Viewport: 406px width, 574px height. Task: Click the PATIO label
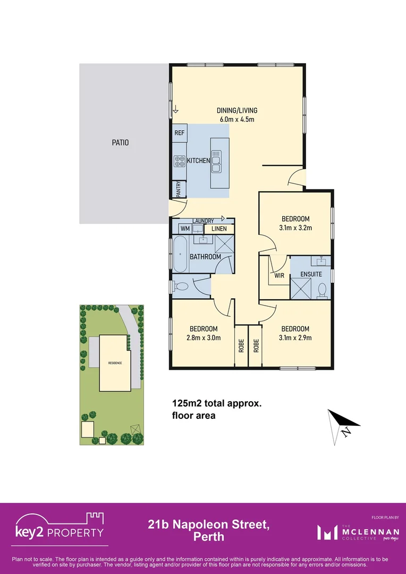coord(120,142)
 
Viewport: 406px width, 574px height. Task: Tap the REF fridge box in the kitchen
coord(179,133)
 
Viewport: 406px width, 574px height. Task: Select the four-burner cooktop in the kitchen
coord(179,161)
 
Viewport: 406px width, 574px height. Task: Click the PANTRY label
coord(179,189)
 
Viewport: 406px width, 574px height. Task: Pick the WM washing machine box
coord(185,229)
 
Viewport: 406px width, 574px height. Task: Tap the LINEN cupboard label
coord(219,229)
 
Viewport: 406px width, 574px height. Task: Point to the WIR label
coord(279,276)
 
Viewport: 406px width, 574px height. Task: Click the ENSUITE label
coord(311,275)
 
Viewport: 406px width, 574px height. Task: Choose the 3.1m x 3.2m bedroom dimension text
coord(295,228)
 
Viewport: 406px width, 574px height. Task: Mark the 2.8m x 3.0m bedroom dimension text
coord(203,337)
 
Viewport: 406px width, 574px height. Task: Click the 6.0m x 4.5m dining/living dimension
coord(237,119)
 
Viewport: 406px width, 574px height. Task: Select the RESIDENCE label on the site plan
coord(115,362)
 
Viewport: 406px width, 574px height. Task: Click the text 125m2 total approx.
coord(217,403)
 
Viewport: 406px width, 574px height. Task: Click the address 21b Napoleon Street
coord(208,525)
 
